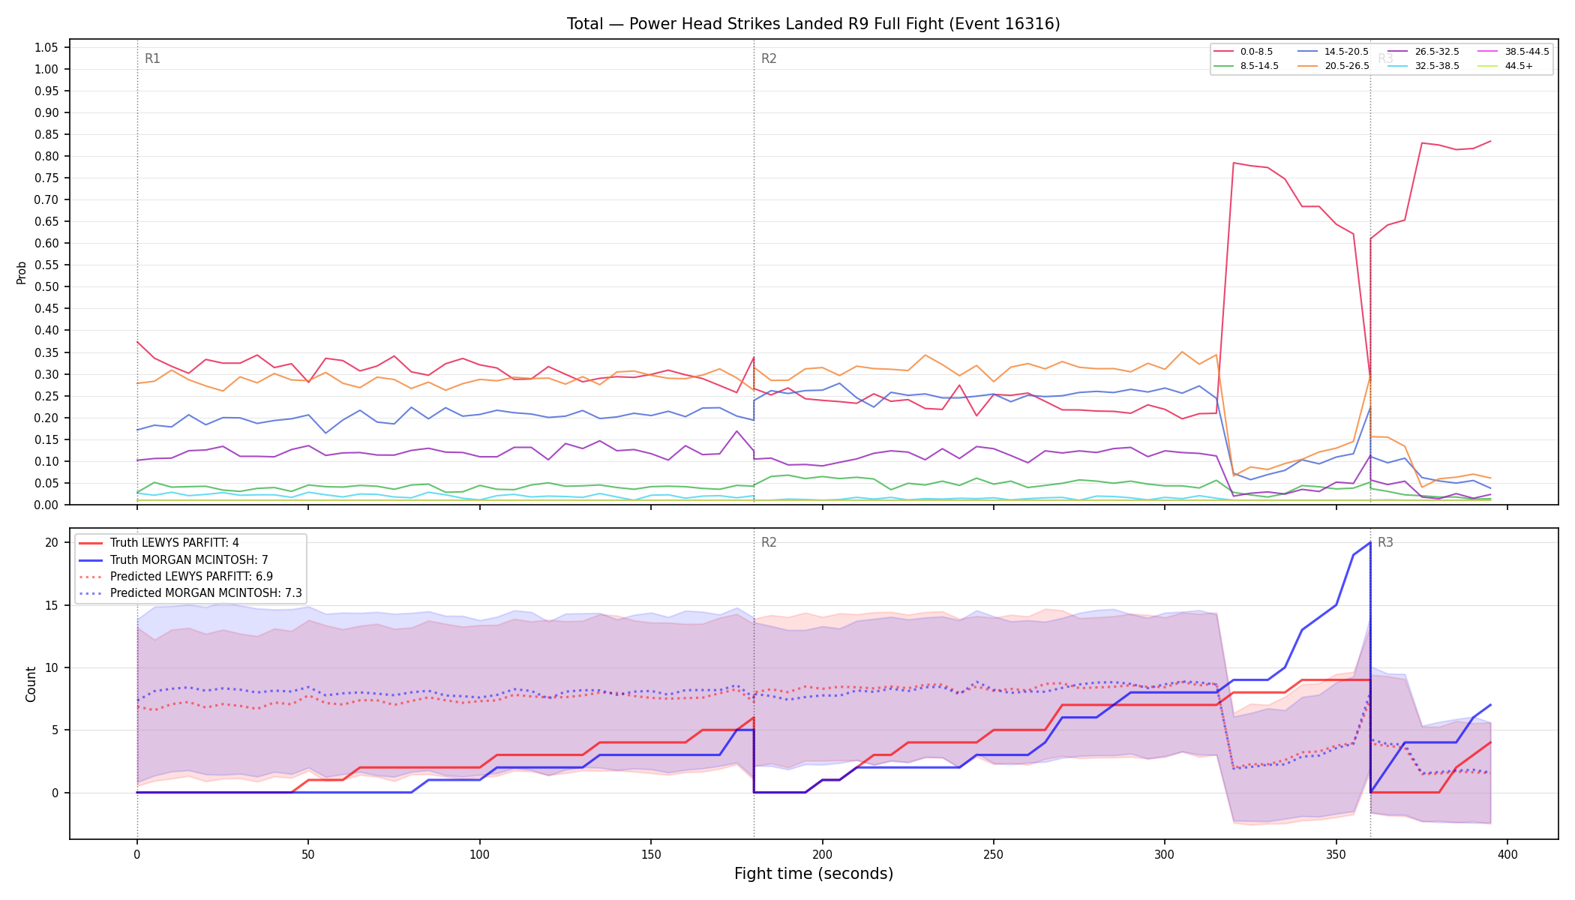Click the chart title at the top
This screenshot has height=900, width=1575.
(x=813, y=24)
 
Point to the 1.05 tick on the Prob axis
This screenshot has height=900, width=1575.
(x=46, y=48)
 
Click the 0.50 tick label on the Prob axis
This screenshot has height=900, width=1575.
(x=46, y=287)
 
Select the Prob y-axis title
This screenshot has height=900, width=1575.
(x=22, y=272)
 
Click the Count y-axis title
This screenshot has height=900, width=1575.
(x=31, y=684)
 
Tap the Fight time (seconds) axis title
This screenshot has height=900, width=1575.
(x=814, y=874)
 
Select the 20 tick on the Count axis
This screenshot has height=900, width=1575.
(x=52, y=542)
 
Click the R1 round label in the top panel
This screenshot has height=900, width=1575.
(x=152, y=58)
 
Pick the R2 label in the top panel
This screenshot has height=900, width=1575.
(x=769, y=58)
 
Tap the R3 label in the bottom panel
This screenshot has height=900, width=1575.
(x=1385, y=542)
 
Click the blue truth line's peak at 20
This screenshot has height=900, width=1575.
(x=1370, y=542)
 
